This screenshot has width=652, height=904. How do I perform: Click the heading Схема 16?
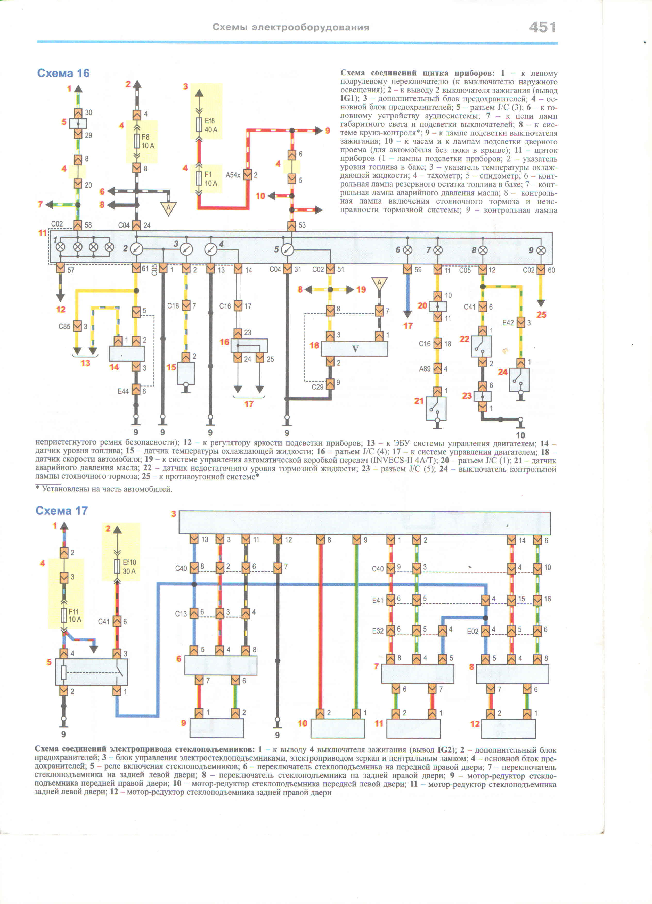tap(63, 73)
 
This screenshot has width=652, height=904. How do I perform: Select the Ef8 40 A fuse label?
tap(211, 125)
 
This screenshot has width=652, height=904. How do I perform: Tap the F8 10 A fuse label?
tap(148, 141)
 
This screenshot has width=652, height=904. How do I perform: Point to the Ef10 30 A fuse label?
tap(129, 567)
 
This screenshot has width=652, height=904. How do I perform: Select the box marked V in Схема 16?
tap(355, 349)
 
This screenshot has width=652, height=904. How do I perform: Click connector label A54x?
tap(233, 175)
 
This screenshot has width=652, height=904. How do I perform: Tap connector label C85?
tap(64, 326)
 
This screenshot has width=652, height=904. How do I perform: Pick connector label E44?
tap(123, 391)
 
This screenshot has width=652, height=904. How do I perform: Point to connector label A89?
tap(425, 369)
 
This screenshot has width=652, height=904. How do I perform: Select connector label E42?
tap(508, 323)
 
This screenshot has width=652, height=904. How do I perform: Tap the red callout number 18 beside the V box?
tap(314, 345)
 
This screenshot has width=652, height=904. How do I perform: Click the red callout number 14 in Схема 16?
tap(114, 367)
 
